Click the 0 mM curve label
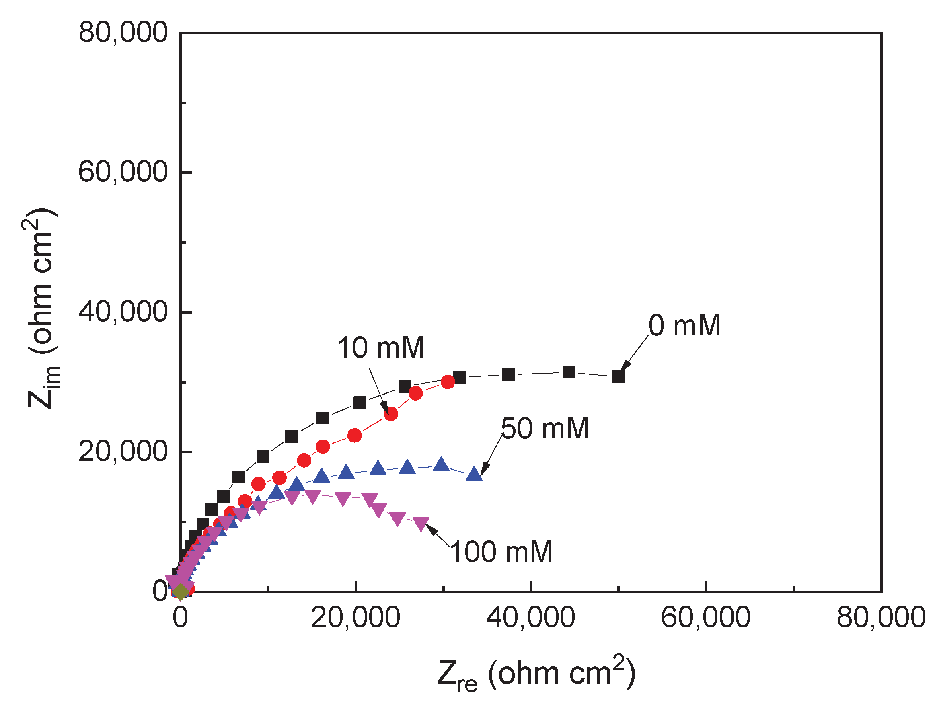[x=684, y=326]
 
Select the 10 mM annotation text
[x=380, y=348]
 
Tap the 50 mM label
[x=544, y=429]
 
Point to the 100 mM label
[x=501, y=553]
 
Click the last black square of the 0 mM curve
[x=618, y=376]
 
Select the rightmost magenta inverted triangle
[x=421, y=524]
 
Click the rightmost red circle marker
[x=448, y=382]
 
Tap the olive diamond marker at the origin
[x=181, y=592]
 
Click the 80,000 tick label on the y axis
[x=123, y=32]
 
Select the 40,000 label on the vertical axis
[x=123, y=312]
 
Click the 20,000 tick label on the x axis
[x=355, y=618]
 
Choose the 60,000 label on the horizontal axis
[x=705, y=618]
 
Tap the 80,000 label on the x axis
[x=881, y=618]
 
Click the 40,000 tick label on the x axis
[x=531, y=618]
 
